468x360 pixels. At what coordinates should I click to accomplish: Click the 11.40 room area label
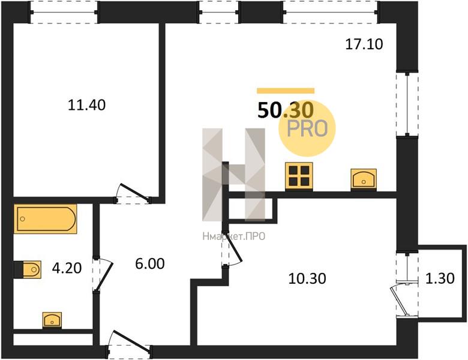[86, 105]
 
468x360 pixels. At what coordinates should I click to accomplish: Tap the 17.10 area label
[364, 44]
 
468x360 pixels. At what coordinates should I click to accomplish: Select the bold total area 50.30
[286, 110]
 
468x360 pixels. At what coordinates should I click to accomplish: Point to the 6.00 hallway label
[150, 264]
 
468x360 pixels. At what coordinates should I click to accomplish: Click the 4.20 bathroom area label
[67, 268]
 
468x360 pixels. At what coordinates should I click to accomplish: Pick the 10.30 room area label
[307, 278]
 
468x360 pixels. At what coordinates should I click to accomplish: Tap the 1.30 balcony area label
[440, 278]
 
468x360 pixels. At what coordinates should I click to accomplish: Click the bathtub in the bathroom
[46, 219]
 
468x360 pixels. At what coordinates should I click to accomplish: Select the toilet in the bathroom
[28, 269]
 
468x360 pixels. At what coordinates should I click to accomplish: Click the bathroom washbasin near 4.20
[52, 320]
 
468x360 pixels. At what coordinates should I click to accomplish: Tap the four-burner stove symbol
[299, 176]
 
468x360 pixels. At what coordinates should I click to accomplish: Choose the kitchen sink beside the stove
[364, 179]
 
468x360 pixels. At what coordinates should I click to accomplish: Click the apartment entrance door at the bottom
[130, 346]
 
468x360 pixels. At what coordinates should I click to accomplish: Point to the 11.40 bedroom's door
[133, 194]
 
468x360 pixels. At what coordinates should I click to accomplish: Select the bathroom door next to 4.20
[102, 275]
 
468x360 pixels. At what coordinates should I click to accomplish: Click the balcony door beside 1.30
[403, 299]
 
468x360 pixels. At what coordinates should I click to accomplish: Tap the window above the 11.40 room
[64, 12]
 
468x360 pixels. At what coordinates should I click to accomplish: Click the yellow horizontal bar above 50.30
[286, 91]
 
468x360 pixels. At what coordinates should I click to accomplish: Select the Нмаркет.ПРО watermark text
[234, 237]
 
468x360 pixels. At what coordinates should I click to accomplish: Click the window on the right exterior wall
[407, 104]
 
